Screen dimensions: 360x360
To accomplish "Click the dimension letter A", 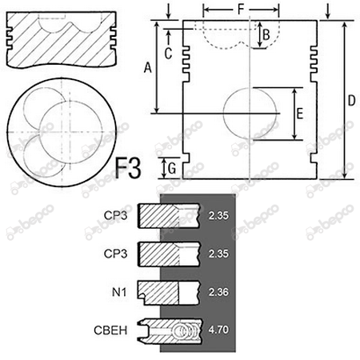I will coord(146,70).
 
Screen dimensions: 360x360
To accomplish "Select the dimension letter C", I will coord(167,53).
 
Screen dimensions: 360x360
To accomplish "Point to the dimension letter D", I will coord(351,100).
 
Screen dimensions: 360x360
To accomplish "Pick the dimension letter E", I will coord(298,114).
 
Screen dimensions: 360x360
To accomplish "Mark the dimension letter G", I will coord(170,168).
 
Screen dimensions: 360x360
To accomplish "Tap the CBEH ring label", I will coord(114,330).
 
